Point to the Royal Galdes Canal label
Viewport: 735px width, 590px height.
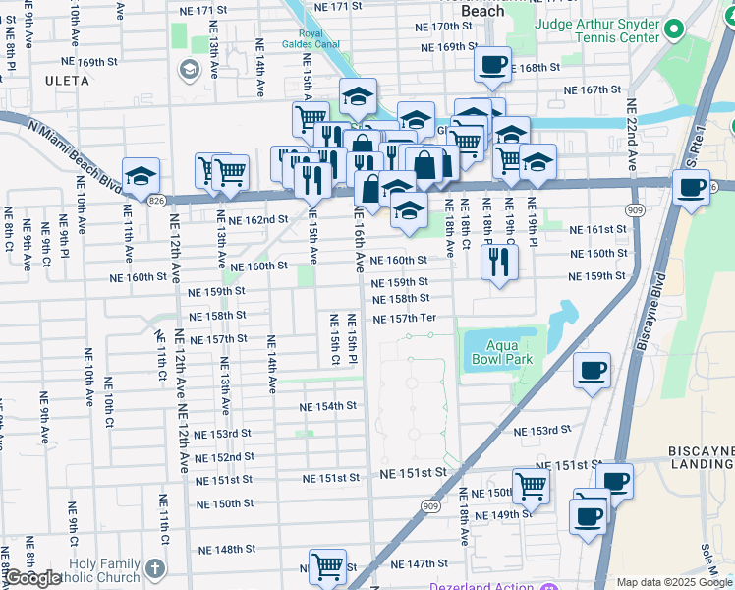(311, 39)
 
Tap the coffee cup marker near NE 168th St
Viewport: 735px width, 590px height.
(492, 66)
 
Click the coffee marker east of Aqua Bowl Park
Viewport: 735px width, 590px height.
(592, 371)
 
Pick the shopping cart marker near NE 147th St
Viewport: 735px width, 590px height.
(327, 565)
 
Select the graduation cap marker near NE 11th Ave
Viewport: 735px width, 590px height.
(141, 176)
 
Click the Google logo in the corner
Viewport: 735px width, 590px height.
(32, 578)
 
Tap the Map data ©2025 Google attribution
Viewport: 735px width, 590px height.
(673, 582)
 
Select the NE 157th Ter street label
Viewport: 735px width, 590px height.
(403, 319)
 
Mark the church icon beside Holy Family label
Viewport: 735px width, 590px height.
(154, 569)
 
